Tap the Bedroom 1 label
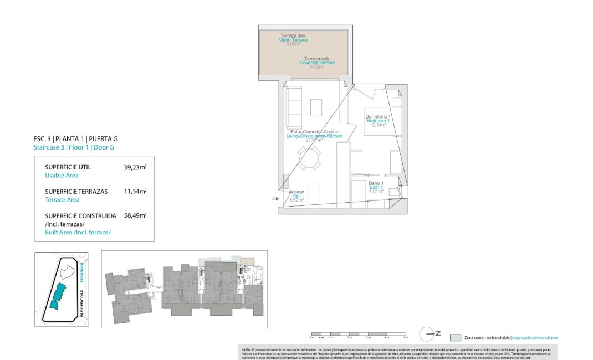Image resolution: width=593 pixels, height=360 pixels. click(378, 121)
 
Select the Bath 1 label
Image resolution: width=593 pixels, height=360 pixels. click(376, 188)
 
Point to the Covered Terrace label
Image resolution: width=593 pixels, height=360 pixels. click(317, 63)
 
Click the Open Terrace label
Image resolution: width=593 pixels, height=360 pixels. click(293, 40)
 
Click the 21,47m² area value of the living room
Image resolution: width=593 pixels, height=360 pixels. click(314, 141)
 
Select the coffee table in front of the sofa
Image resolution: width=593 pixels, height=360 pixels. click(316, 107)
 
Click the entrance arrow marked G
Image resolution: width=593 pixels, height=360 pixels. click(274, 198)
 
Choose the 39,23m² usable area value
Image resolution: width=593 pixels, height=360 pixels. click(135, 167)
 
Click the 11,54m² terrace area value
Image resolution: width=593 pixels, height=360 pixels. click(135, 191)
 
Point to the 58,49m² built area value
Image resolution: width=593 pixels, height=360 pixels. click(135, 216)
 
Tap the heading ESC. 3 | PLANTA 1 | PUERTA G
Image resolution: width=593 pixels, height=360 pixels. click(75, 139)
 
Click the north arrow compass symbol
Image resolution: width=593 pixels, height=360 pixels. click(428, 333)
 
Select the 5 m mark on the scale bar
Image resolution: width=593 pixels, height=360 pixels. click(406, 337)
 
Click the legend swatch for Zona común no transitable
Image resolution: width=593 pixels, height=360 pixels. click(455, 337)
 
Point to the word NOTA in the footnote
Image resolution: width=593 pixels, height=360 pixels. click(247, 349)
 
